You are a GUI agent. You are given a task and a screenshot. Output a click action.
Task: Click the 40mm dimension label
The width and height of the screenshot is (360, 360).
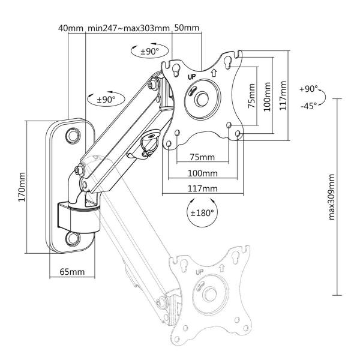[x=71, y=28]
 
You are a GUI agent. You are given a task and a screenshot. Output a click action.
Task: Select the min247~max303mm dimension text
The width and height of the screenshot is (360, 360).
[x=128, y=28]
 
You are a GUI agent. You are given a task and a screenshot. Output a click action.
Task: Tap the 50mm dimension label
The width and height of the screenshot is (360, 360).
[x=187, y=28]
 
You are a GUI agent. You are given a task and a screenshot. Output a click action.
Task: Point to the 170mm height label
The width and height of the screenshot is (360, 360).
[x=22, y=187]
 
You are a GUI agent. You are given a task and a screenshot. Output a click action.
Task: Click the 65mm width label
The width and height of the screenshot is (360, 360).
[x=71, y=272]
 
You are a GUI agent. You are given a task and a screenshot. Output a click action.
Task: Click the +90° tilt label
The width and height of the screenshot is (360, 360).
[x=307, y=89]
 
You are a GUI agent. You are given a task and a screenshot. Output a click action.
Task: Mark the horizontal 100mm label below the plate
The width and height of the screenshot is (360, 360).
[x=202, y=173]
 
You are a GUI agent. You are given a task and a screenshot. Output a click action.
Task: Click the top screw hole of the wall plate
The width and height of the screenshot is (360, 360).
[x=73, y=134]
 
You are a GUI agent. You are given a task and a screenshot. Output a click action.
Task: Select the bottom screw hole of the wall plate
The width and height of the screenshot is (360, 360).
[x=73, y=239]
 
